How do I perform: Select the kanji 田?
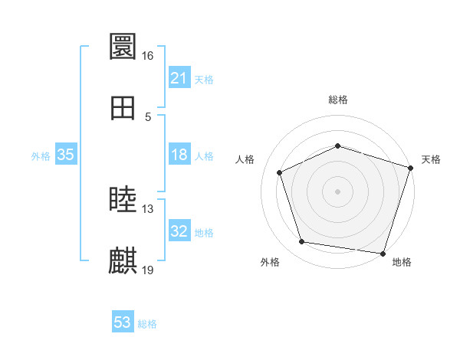[x=123, y=108]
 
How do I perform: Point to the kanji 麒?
[x=123, y=261]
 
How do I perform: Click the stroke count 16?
[x=147, y=56]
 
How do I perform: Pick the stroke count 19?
[x=148, y=270]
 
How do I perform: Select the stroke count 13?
[x=148, y=209]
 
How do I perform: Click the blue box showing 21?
[x=179, y=78]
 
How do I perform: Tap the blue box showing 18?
[x=179, y=155]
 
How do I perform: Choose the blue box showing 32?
[x=179, y=231]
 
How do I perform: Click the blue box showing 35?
[x=66, y=155]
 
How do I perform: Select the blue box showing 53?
[x=123, y=322]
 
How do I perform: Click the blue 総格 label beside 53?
[x=147, y=324]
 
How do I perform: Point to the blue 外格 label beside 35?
[x=41, y=156]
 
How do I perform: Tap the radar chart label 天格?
[x=431, y=159]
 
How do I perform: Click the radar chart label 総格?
[x=338, y=100]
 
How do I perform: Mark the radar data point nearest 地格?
[x=383, y=253]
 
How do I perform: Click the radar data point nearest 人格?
[x=280, y=172]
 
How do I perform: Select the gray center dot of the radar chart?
[x=338, y=191]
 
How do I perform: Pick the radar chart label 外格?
[x=270, y=263]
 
